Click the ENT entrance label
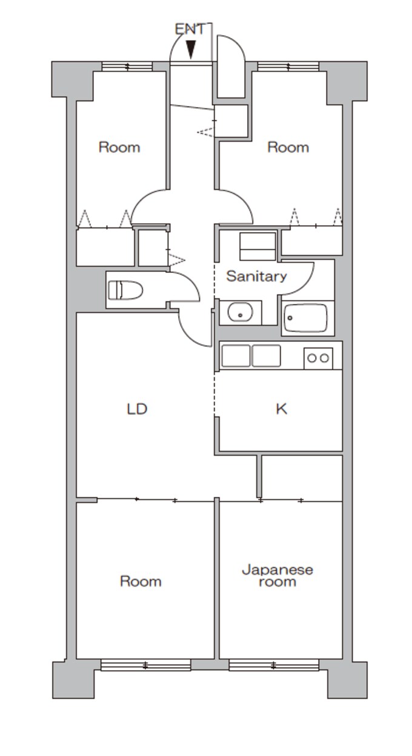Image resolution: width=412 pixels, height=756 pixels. (190, 29)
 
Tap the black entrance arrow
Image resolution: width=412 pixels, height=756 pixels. (191, 49)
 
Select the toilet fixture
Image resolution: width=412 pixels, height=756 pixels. (125, 290)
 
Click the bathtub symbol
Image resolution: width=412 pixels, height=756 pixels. (305, 318)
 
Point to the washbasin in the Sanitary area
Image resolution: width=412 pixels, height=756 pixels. (240, 312)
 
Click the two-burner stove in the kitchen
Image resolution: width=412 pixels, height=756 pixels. (318, 358)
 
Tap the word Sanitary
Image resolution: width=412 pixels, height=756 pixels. (256, 277)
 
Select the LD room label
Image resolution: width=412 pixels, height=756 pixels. (137, 409)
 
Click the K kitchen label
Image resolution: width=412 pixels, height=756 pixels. (281, 409)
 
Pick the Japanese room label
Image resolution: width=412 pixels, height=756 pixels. (277, 576)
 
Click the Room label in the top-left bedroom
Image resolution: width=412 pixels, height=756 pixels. (119, 148)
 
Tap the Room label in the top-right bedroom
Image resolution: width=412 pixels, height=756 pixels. (288, 148)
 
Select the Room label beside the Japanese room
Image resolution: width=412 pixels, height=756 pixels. (141, 581)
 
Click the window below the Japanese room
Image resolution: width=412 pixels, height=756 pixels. (274, 665)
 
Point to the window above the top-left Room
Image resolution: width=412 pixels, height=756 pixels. (127, 66)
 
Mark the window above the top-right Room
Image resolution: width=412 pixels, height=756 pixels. (288, 66)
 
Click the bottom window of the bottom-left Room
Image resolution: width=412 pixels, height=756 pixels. (146, 665)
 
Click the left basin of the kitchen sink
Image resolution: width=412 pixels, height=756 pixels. (236, 355)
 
